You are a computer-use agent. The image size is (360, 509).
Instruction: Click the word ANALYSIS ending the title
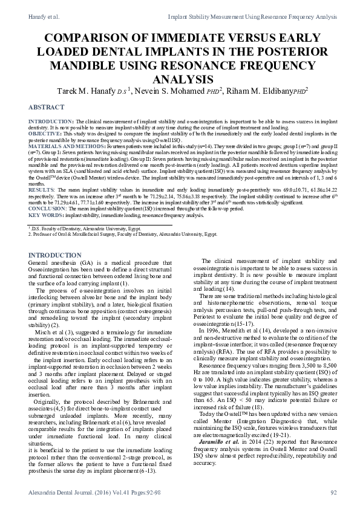click(180, 79)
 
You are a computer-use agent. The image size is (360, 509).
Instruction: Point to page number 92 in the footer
click(333, 493)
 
